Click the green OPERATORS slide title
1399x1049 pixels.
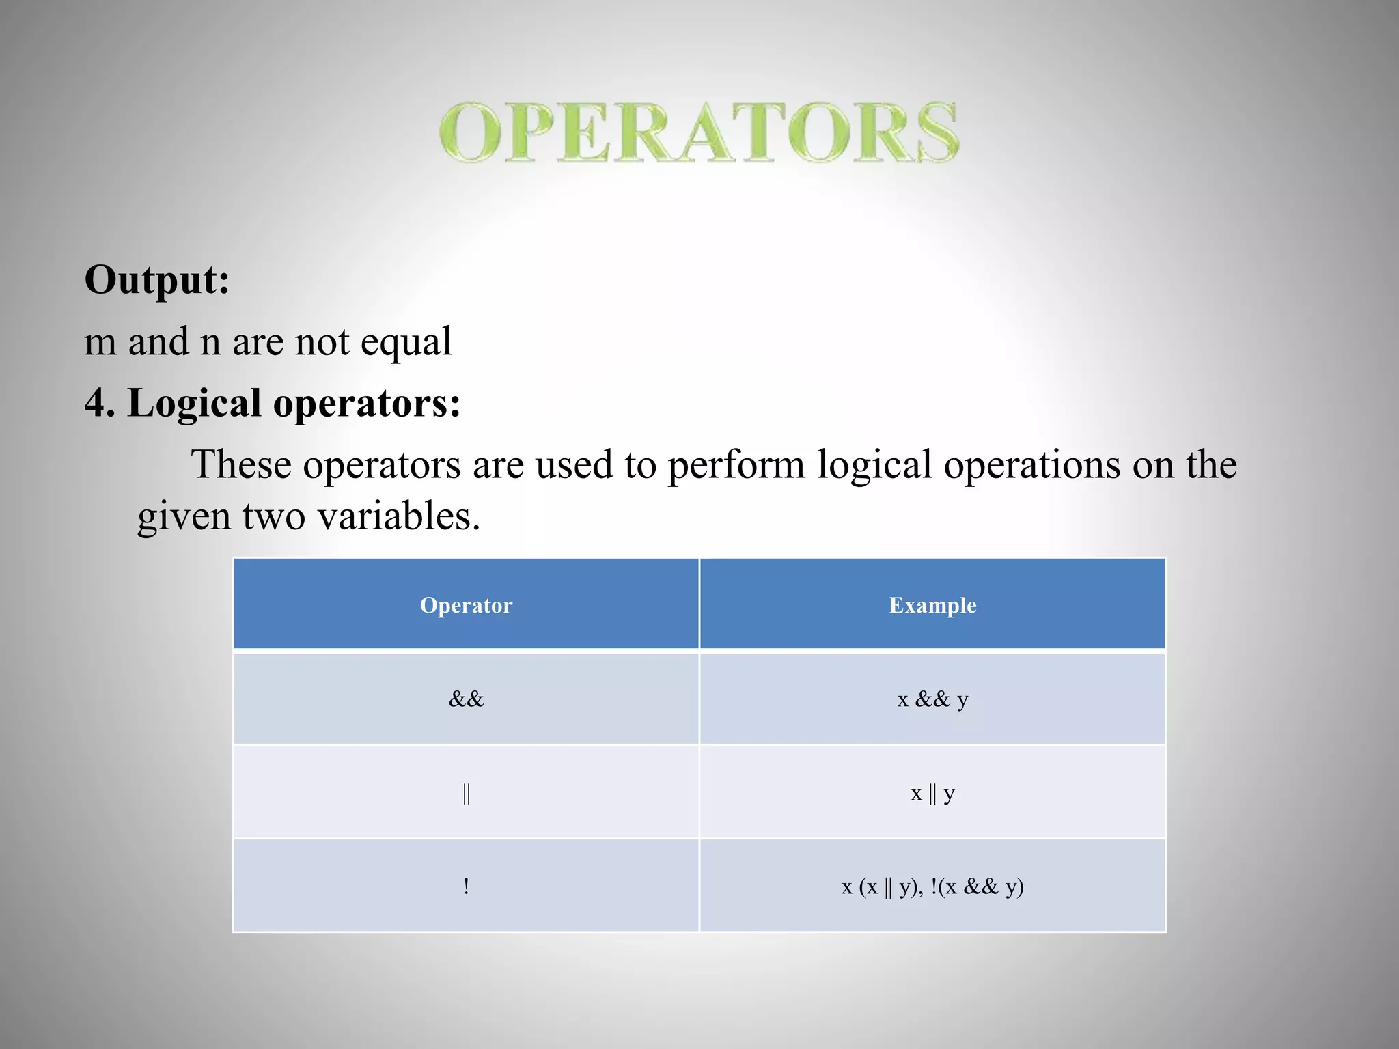(x=699, y=132)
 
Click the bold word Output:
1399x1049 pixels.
(x=157, y=280)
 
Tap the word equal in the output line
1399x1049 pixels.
(x=406, y=342)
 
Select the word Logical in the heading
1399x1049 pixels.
(x=194, y=403)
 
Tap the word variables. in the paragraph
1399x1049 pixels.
(x=399, y=516)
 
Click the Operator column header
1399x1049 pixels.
(x=466, y=605)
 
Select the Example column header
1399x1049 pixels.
(x=932, y=605)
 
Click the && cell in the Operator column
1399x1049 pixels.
(x=466, y=699)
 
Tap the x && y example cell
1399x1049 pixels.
(x=932, y=699)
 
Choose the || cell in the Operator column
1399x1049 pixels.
(x=466, y=793)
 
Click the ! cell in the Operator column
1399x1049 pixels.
(x=466, y=886)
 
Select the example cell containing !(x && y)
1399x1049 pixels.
(x=932, y=886)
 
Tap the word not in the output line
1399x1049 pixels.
(x=321, y=342)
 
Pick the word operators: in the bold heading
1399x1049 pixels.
(x=367, y=404)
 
